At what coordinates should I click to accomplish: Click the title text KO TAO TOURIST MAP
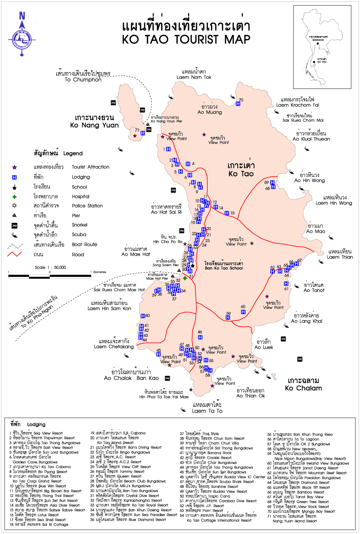point(186,40)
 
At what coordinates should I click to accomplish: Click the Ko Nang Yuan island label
point(94,125)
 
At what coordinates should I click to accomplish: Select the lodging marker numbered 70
point(238,104)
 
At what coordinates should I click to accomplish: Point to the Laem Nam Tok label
point(194,77)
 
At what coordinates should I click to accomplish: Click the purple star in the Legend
point(14,168)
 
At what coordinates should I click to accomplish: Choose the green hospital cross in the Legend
point(14,197)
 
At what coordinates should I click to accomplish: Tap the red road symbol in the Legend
point(14,254)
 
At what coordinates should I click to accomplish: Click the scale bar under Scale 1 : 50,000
point(50,276)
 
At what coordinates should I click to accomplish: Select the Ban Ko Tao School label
point(224,268)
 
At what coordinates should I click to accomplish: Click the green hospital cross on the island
point(185,278)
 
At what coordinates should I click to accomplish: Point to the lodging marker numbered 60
point(243,312)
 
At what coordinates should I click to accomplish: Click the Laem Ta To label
point(207,411)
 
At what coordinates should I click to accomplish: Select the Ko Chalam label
point(303,388)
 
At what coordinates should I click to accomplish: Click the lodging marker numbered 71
point(143,133)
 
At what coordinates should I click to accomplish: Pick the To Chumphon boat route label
point(83,79)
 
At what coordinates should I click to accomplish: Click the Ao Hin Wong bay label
point(309,180)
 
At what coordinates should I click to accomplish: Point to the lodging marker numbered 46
point(200,337)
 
